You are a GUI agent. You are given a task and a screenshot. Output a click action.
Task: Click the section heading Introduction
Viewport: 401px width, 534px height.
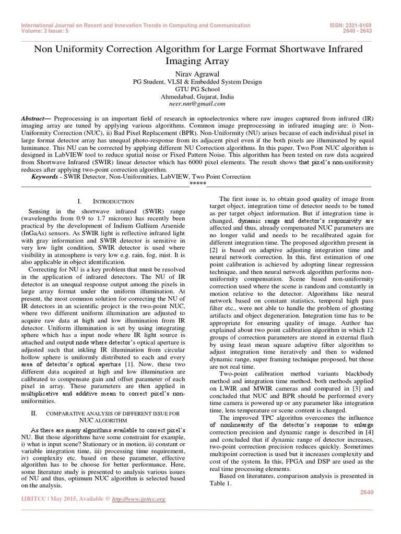click(113, 201)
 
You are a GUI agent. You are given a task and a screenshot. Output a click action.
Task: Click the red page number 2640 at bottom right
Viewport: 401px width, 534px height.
click(367, 492)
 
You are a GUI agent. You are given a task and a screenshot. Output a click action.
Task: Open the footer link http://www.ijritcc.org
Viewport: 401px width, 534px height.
click(140, 499)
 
